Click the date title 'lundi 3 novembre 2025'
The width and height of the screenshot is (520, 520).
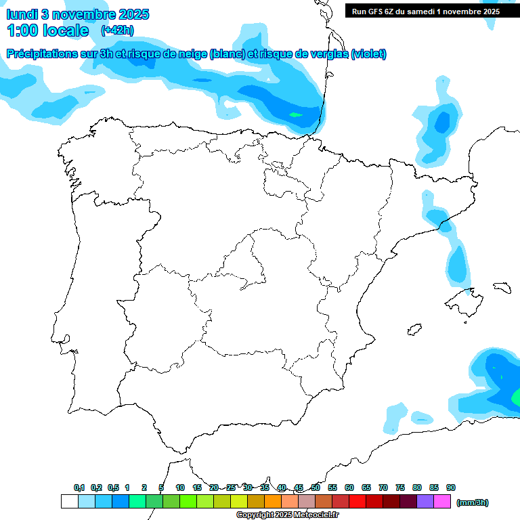pos(78,14)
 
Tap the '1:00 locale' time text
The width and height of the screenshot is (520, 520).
pos(47,30)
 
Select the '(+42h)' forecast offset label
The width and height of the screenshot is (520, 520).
pos(117,30)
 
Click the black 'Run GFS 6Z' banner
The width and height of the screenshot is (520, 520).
pos(432,12)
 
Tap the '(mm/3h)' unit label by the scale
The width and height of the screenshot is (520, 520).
pos(472,502)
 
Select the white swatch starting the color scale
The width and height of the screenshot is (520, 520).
pos(69,502)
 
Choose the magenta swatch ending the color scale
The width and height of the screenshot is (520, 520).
pos(442,502)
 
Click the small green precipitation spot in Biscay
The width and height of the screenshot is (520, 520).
pos(295,115)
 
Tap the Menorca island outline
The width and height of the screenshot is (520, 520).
pos(501,287)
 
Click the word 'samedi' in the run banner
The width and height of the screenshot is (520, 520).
pos(421,12)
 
